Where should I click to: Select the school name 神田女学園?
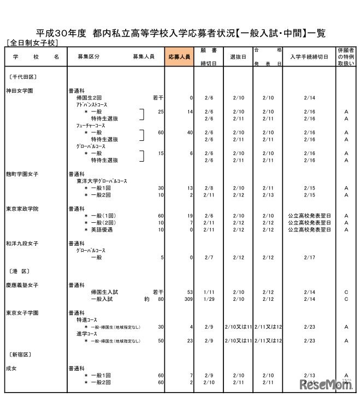pos(19,91)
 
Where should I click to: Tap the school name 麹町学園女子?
pos(22,174)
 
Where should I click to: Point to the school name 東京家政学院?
pos(22,209)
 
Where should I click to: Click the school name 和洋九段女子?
pos(22,244)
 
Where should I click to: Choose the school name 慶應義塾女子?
pos(22,285)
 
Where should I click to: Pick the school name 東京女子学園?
pos(22,313)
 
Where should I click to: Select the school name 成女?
pos(12,369)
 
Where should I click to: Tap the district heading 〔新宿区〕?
pos(19,354)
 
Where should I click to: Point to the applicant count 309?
pos(187,299)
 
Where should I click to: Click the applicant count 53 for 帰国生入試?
pos(189,292)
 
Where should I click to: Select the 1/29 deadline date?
pos(209,299)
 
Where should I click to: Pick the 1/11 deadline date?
pos(209,292)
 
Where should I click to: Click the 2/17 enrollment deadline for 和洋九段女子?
pos(309,257)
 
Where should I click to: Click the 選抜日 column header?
pos(238,57)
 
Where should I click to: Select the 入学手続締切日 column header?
pos(309,57)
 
